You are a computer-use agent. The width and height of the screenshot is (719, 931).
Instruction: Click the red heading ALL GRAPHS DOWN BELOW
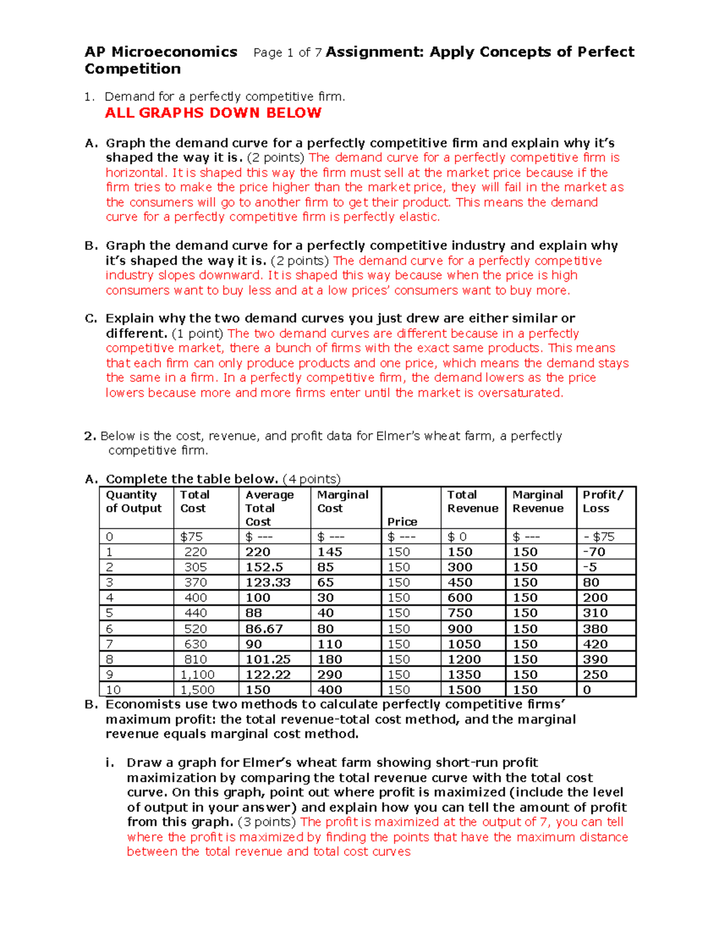click(x=213, y=113)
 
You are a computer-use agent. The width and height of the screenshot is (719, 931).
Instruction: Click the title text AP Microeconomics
click(x=161, y=52)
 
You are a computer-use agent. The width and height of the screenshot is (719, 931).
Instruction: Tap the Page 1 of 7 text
click(x=288, y=53)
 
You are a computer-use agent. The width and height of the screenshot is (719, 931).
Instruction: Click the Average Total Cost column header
click(x=270, y=508)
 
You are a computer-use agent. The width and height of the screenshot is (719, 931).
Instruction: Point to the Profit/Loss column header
click(x=603, y=501)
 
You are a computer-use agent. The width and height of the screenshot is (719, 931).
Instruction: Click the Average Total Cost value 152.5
click(x=264, y=567)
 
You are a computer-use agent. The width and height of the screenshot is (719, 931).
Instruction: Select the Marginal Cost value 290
click(x=330, y=674)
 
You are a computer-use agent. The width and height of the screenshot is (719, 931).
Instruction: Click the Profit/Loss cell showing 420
click(x=595, y=644)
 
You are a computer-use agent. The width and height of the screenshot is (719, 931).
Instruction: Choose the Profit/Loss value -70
click(x=594, y=552)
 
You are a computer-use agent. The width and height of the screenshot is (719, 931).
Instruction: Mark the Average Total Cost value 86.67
click(x=264, y=629)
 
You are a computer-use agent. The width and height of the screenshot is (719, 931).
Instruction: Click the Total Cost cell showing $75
click(x=192, y=537)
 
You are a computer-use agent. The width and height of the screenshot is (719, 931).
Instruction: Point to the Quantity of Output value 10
click(x=113, y=690)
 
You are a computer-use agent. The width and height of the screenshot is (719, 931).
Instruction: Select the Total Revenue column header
click(x=472, y=501)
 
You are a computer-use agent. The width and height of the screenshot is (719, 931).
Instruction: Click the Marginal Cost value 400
click(x=330, y=690)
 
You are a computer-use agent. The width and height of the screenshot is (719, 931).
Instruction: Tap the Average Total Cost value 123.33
click(x=268, y=582)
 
